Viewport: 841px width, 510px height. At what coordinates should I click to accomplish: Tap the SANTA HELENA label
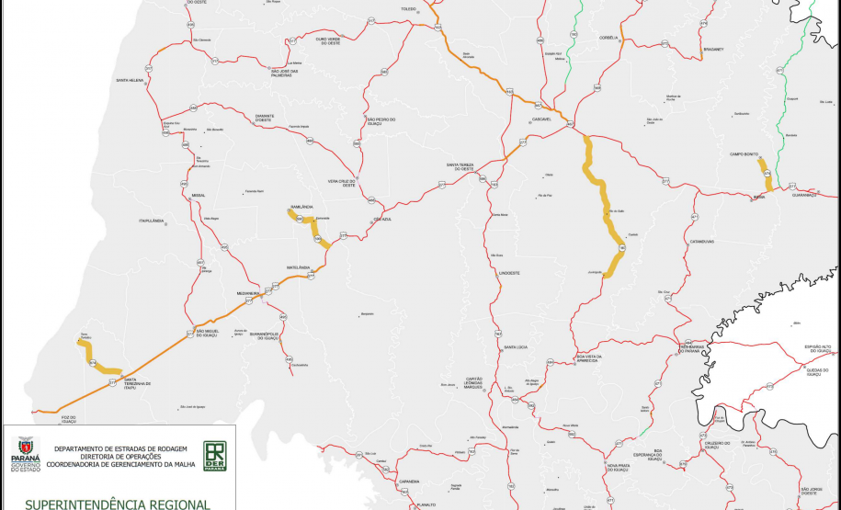point(130,81)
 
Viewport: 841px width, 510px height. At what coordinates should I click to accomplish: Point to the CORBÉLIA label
point(608,38)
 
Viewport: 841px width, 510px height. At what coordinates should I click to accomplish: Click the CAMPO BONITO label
point(744,153)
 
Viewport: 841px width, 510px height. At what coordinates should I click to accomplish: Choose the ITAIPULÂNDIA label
point(151,221)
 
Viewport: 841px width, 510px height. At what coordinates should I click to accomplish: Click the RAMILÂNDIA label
point(301,207)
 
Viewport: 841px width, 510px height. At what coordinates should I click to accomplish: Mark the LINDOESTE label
point(508,273)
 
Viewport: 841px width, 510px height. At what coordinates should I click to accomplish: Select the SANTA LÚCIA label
point(515,346)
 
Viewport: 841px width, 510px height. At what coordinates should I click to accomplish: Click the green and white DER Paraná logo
point(215,455)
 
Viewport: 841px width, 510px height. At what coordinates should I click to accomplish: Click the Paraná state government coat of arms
point(25,449)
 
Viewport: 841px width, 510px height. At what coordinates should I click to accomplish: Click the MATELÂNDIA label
point(297,266)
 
